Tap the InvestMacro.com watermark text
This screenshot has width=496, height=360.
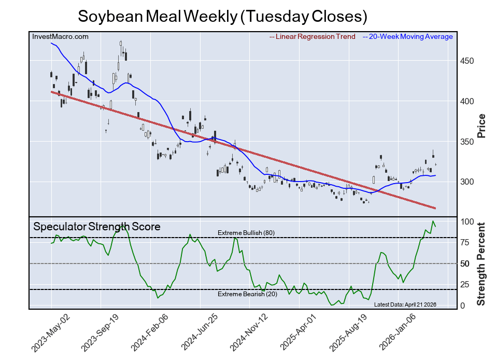pos(60,36)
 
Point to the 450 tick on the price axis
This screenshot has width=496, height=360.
pos(467,61)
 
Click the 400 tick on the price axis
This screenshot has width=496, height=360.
pos(467,101)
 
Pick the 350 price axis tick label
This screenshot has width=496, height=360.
pos(467,142)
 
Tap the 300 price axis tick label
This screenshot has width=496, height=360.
pos(467,182)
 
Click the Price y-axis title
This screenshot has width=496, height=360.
pos(481,126)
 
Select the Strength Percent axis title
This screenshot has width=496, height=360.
pos(481,264)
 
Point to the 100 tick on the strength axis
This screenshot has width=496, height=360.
pos(467,221)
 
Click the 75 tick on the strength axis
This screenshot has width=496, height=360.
pos(465,242)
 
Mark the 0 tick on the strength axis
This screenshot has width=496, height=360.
pos(463,306)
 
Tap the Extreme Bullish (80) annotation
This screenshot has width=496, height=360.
pos(246,233)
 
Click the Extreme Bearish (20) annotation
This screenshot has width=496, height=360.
pos(247,295)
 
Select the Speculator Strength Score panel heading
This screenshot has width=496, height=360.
pos(97,227)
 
